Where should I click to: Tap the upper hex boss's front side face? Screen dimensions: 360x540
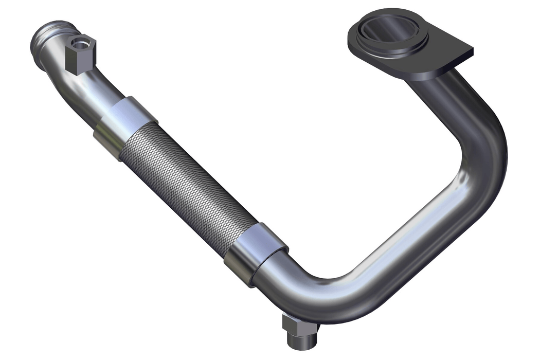76,61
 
